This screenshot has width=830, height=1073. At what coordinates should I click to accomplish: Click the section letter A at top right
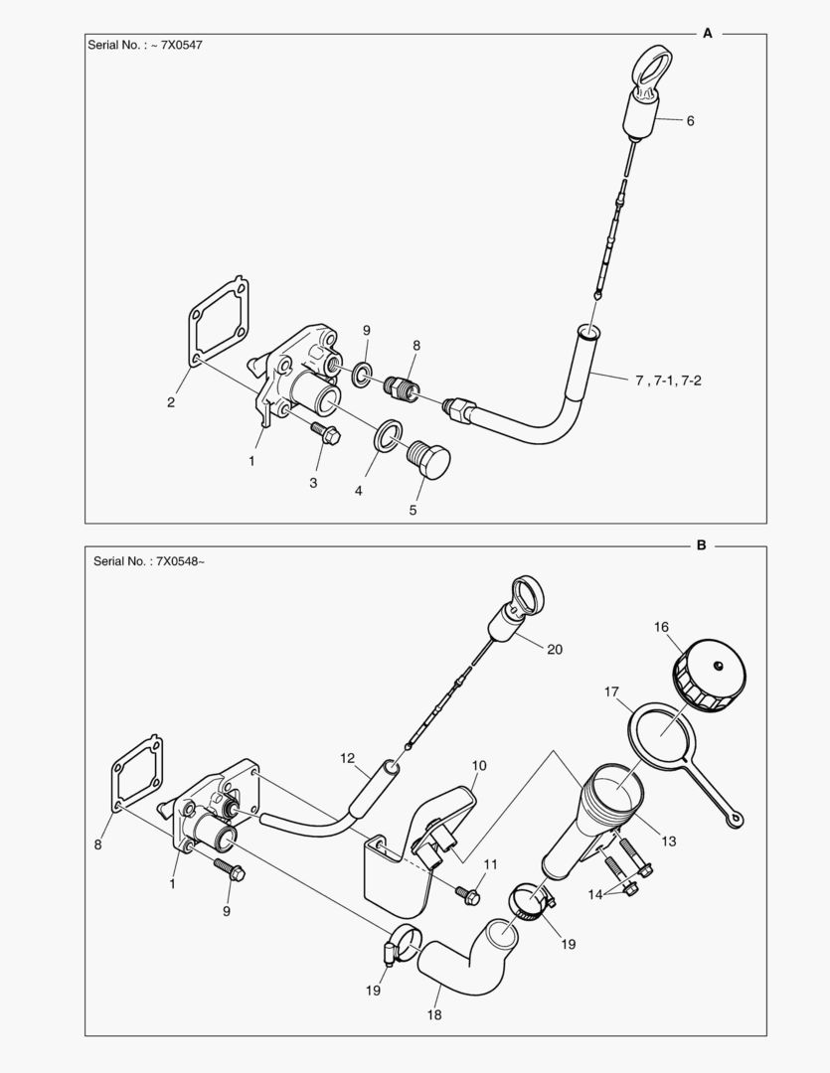(708, 33)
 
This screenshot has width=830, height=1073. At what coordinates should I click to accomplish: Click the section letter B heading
(701, 545)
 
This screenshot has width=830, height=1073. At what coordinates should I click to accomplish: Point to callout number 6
(690, 120)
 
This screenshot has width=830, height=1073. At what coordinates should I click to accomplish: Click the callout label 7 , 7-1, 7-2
(667, 380)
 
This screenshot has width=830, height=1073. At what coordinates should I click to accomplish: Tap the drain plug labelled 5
(429, 461)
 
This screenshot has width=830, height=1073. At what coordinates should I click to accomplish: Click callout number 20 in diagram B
(554, 649)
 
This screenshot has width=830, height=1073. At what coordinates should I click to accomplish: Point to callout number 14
(595, 894)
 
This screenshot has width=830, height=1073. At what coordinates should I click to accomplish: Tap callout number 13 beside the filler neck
(668, 842)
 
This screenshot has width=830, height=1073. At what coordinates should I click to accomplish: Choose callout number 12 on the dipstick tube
(347, 758)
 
